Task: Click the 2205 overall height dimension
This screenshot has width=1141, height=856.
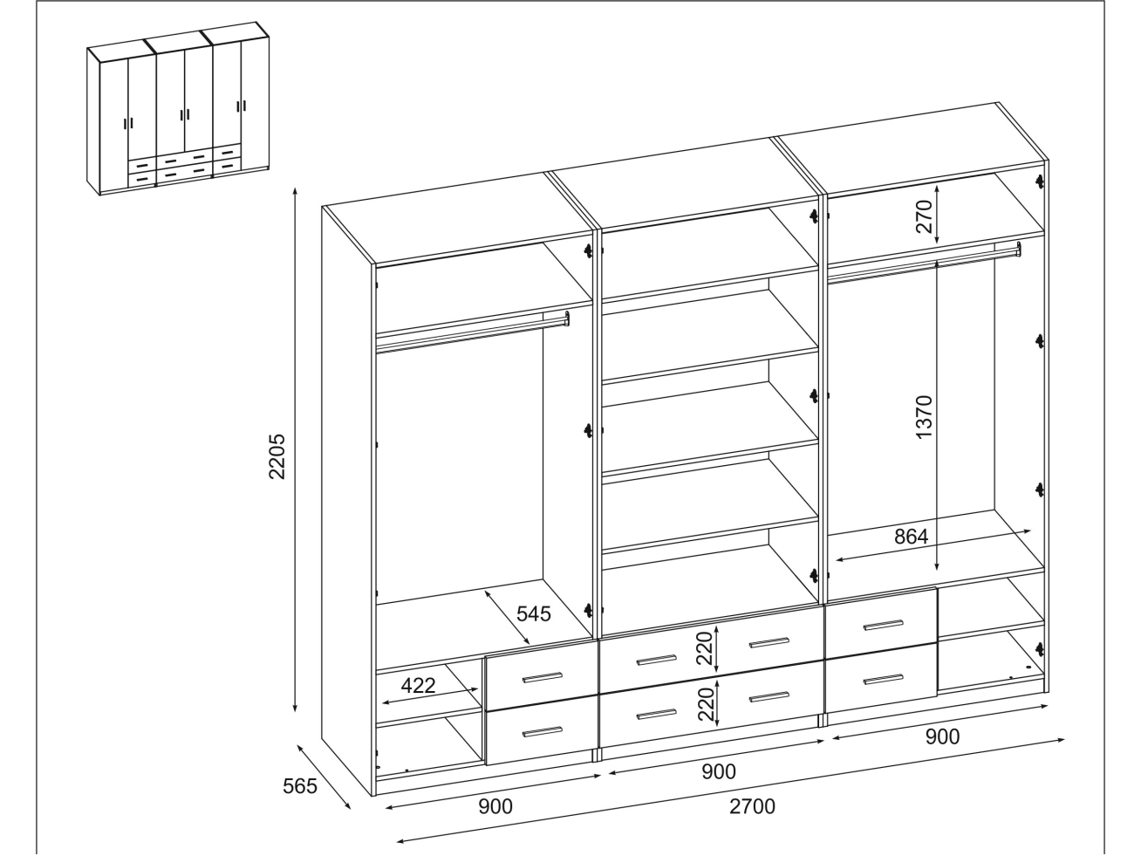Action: [x=277, y=456]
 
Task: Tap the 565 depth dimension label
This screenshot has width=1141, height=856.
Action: [x=299, y=786]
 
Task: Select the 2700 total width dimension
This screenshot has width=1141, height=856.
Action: [x=752, y=806]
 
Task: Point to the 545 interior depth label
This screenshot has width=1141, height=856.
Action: [x=533, y=613]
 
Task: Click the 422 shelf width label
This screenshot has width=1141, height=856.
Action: [x=418, y=686]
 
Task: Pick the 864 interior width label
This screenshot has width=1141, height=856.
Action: [x=911, y=537]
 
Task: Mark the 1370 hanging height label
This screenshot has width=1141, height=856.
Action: [x=925, y=417]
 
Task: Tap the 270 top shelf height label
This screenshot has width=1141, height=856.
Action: [x=925, y=216]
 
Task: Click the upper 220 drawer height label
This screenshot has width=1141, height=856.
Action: [x=704, y=648]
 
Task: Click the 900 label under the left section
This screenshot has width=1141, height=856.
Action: [x=495, y=806]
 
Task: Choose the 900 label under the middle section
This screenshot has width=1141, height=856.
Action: [x=719, y=772]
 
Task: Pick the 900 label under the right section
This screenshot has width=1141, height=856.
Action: [x=942, y=736]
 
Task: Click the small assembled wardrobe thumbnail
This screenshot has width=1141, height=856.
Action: [x=178, y=108]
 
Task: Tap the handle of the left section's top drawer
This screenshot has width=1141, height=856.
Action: [x=543, y=677]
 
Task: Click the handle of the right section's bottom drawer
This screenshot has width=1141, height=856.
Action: [x=883, y=679]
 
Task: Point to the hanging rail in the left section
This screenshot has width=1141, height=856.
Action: [x=473, y=333]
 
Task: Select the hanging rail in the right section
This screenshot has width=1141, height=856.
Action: [x=925, y=263]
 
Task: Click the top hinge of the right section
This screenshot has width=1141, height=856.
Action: [x=1040, y=181]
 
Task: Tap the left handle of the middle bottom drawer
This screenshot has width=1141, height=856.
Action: [x=657, y=715]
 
